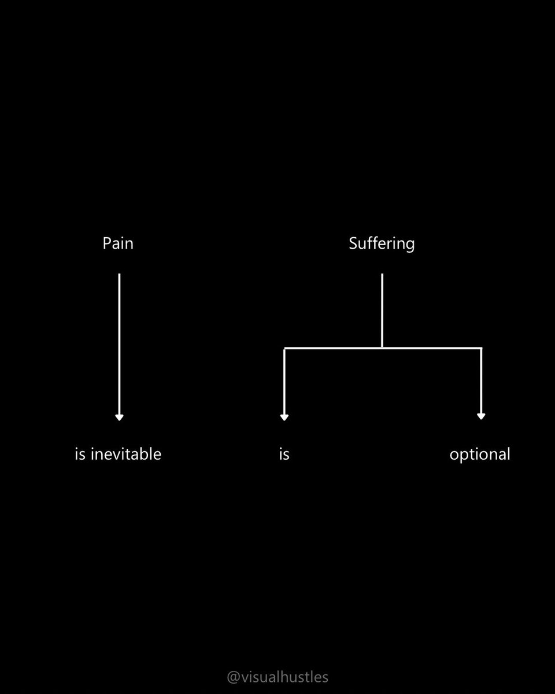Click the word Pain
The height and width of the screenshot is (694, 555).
[x=118, y=243]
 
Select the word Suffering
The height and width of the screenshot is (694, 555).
[x=382, y=243]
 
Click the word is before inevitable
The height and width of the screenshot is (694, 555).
[x=80, y=454]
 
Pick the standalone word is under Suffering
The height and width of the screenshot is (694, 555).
[x=284, y=455]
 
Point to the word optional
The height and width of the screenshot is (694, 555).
[x=480, y=455]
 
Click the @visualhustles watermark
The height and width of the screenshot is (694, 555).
[x=277, y=677]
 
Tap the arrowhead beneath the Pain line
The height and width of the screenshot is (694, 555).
[x=120, y=416]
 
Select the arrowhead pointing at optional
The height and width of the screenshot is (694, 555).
[x=481, y=416]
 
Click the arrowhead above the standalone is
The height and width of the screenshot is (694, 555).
[x=284, y=416]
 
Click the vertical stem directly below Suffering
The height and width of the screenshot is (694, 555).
[x=382, y=309]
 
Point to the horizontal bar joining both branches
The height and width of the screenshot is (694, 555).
[x=332, y=348]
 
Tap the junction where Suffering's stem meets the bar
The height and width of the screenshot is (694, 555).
[x=382, y=348]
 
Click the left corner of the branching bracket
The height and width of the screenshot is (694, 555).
[x=284, y=348]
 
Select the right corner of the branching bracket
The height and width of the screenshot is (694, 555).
[x=481, y=348]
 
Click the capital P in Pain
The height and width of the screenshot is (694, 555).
[x=107, y=243]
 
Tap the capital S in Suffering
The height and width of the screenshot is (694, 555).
[x=353, y=243]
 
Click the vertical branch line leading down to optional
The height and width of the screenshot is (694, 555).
[x=481, y=382]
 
